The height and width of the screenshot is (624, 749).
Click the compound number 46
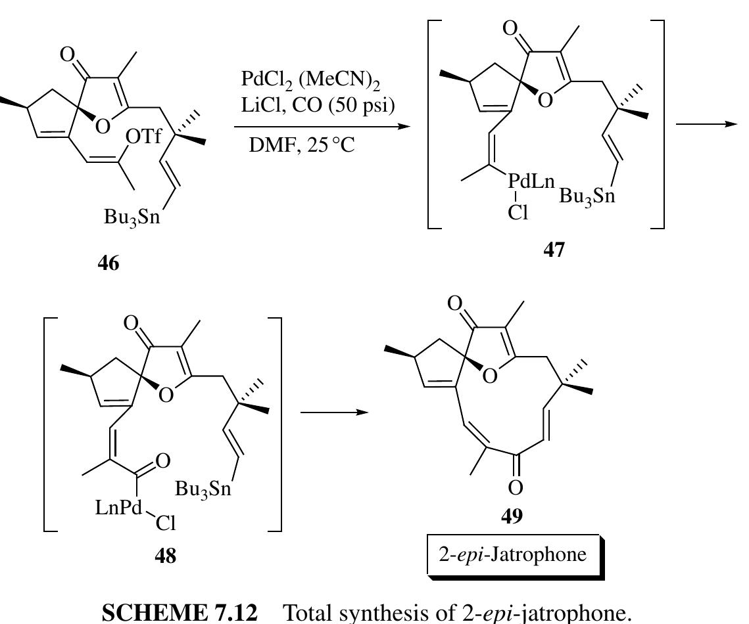(x=109, y=263)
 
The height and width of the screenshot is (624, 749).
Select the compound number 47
(x=553, y=250)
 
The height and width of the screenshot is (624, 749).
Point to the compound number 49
(x=512, y=516)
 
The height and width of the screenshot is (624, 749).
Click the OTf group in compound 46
(x=143, y=137)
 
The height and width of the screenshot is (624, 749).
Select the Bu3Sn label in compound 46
(x=132, y=216)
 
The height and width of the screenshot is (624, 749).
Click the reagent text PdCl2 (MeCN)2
(x=309, y=81)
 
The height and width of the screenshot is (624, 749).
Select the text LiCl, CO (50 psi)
(x=318, y=105)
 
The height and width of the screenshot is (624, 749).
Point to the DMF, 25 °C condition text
(x=301, y=145)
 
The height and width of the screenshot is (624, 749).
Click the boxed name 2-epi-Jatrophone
(x=512, y=554)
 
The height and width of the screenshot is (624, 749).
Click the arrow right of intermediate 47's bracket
(x=705, y=125)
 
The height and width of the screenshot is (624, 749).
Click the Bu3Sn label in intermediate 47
(x=587, y=196)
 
